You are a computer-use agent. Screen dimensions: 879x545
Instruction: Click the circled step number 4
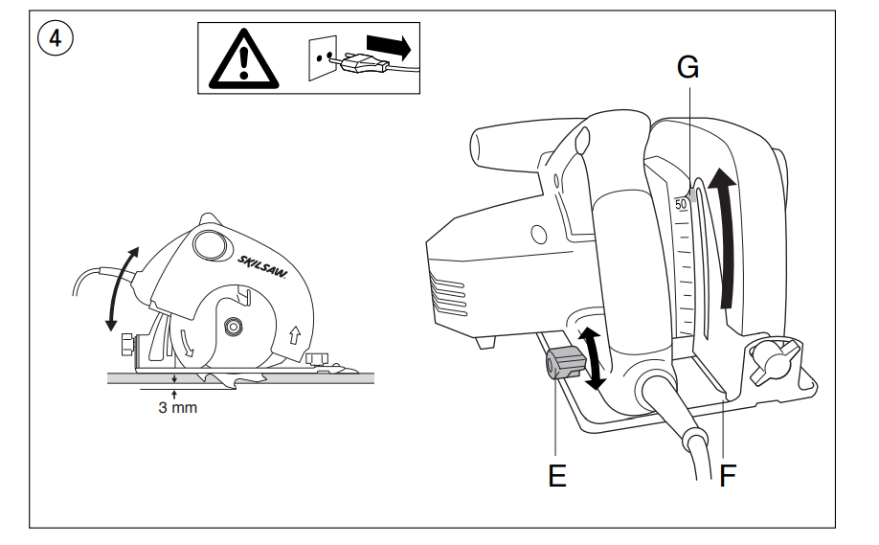(x=55, y=38)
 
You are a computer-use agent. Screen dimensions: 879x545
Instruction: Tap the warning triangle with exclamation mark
(x=244, y=58)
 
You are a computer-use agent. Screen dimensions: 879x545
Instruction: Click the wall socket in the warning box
(x=323, y=57)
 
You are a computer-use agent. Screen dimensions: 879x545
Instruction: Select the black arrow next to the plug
(x=389, y=47)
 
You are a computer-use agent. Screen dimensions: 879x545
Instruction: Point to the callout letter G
(x=687, y=67)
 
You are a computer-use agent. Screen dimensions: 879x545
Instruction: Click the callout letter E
(x=557, y=476)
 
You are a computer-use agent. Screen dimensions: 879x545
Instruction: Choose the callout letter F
(x=727, y=476)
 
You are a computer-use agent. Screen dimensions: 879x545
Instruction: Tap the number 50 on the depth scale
(x=681, y=204)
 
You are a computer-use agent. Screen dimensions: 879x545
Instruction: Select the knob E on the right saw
(x=565, y=363)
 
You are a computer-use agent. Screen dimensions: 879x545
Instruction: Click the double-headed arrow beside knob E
(x=592, y=359)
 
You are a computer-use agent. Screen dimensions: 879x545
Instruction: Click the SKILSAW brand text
(x=261, y=267)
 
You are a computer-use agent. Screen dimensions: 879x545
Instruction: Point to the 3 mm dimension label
(x=178, y=407)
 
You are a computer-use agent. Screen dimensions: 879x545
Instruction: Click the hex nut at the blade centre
(x=232, y=327)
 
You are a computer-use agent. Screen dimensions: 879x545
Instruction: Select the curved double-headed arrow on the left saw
(x=123, y=288)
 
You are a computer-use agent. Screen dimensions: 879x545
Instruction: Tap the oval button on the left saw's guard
(x=210, y=245)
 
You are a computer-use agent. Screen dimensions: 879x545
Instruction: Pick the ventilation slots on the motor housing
(x=448, y=294)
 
